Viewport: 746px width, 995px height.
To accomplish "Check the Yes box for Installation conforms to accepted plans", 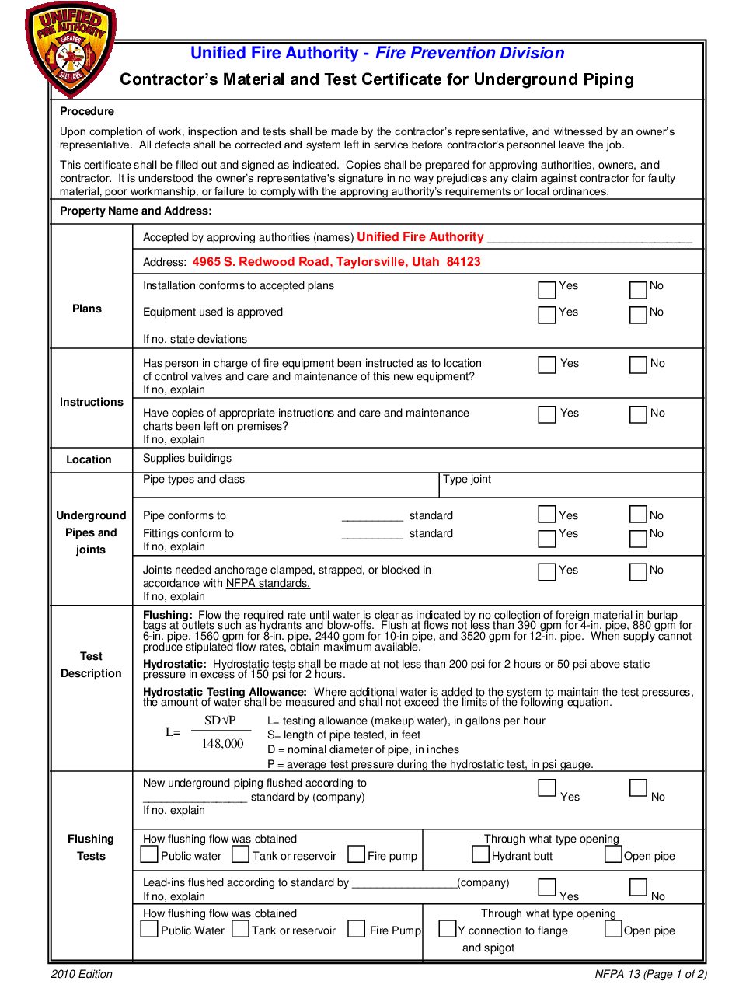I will (547, 290).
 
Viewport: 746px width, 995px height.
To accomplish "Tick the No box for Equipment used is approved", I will (638, 315).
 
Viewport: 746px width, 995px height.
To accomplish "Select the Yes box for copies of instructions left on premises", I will (547, 414).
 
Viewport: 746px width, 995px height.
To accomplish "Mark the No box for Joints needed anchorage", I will (638, 572).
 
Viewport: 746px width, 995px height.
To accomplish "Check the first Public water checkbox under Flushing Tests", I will (149, 854).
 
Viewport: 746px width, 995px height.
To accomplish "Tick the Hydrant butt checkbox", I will (480, 854).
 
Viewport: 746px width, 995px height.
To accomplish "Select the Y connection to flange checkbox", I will (447, 929).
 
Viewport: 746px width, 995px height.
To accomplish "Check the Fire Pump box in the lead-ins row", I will (357, 929).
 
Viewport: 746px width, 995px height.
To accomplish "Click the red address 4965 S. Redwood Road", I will (336, 262).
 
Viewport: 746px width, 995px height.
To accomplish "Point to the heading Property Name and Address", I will (135, 211).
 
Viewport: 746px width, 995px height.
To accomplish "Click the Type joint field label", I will (467, 480).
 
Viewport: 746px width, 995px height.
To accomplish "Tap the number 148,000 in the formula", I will (222, 744).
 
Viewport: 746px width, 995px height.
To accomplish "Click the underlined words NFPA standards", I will (267, 584).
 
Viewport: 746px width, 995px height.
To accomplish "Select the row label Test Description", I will (91, 665).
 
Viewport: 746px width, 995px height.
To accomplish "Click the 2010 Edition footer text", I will (82, 974).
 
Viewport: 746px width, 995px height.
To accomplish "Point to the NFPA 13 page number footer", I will (650, 974).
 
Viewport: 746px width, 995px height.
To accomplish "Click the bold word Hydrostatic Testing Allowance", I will (225, 692).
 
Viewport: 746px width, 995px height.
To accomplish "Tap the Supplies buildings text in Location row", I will (187, 459).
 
